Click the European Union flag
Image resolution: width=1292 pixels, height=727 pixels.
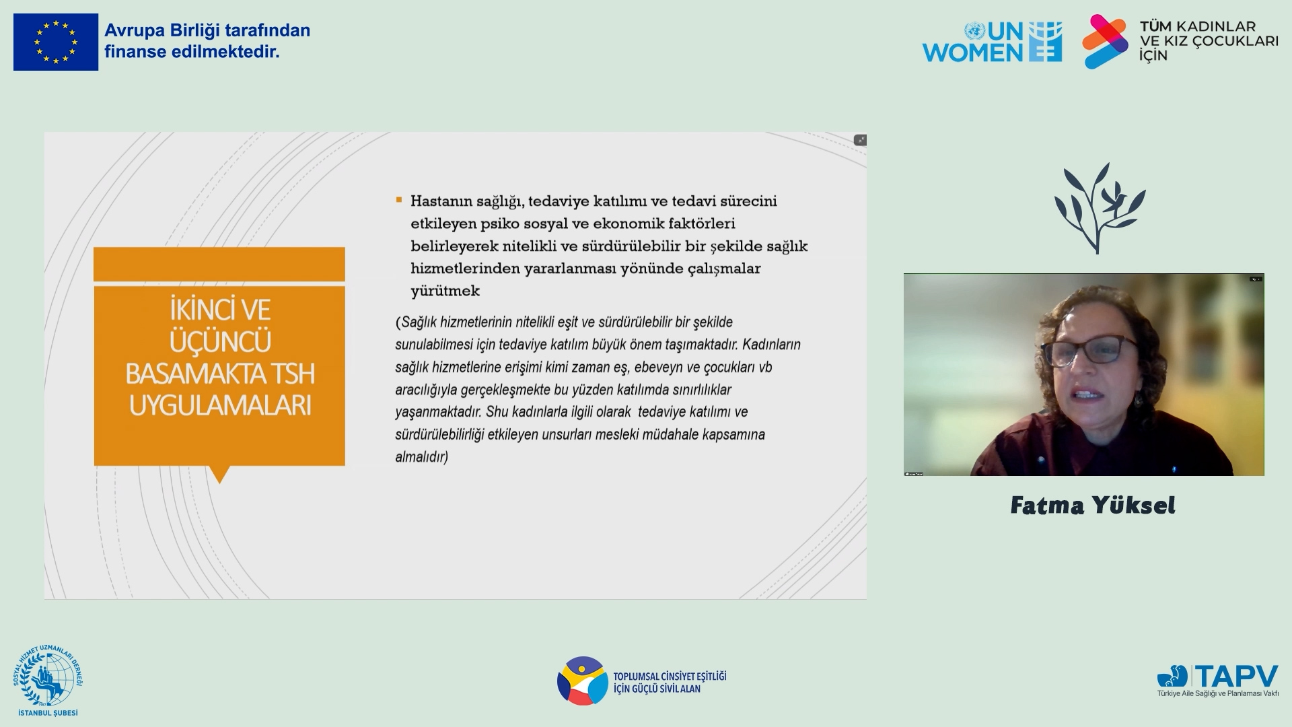pos(56,42)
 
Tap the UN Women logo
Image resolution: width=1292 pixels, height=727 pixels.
pos(992,42)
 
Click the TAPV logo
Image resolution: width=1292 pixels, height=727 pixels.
pos(1218,681)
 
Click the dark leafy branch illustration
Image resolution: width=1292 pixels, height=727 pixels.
pos(1100,208)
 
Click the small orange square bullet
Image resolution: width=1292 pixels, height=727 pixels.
pos(398,200)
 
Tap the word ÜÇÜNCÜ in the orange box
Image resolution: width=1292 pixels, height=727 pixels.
pos(220,342)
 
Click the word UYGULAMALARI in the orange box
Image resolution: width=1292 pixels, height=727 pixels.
pos(220,406)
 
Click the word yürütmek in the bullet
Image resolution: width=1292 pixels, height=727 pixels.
pos(445,291)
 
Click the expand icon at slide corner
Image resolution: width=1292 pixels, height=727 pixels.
pos(860,140)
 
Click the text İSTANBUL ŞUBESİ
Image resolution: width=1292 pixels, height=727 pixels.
pos(48,712)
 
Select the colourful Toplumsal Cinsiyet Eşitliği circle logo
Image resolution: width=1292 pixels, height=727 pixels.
pos(583,681)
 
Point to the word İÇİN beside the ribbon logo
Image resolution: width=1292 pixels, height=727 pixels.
pos(1153,55)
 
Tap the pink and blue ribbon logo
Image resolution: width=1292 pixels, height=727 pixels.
pos(1105,42)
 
